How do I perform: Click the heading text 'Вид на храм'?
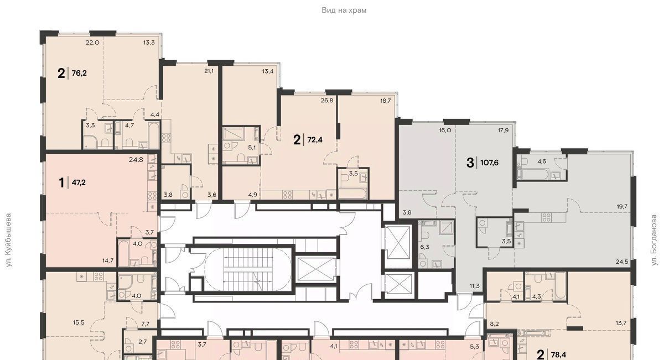click(x=344, y=11)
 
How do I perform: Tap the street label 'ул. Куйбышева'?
click(x=9, y=241)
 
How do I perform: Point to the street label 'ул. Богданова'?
click(x=654, y=241)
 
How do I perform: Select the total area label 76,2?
click(x=79, y=73)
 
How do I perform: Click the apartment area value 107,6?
click(x=489, y=163)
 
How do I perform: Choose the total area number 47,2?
click(x=79, y=182)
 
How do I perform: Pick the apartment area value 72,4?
click(x=315, y=139)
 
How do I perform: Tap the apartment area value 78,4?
click(x=558, y=354)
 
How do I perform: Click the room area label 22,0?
click(x=92, y=43)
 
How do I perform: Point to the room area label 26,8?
click(x=327, y=101)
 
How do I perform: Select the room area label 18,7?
click(x=385, y=101)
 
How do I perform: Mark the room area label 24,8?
click(x=136, y=160)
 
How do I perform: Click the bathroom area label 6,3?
click(x=424, y=247)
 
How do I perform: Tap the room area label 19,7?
click(x=622, y=206)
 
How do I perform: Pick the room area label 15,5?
click(x=79, y=322)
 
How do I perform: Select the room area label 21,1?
click(x=209, y=71)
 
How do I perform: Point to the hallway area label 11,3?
click(x=475, y=286)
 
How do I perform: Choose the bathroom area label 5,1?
click(x=252, y=148)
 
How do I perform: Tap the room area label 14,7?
click(x=108, y=261)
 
